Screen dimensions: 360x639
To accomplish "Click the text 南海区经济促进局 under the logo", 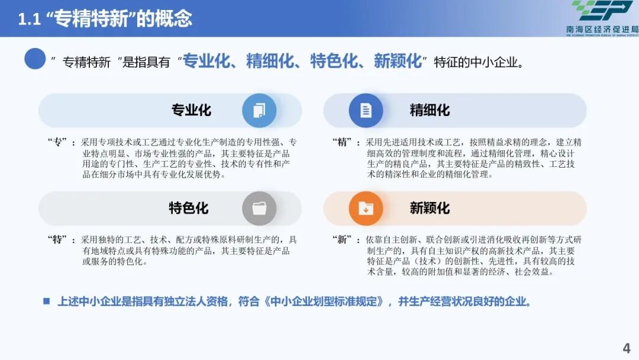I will [602, 29].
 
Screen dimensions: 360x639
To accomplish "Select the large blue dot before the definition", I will [35, 59].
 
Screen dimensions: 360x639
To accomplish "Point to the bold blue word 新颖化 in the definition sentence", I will [398, 61].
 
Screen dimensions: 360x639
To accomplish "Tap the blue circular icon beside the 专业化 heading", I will [259, 111].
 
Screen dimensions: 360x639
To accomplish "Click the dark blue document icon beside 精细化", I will [366, 111].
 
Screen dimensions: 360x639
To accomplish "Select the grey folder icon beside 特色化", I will [259, 208].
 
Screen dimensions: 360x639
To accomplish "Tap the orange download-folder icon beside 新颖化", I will [366, 208].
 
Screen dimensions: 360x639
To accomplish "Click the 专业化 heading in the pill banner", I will [191, 111].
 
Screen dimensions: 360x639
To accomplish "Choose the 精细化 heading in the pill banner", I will [430, 111].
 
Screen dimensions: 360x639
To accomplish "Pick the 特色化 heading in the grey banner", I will [188, 208].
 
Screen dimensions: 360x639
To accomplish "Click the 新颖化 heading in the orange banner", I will [430, 208].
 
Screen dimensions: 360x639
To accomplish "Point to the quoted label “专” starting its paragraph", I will [57, 143].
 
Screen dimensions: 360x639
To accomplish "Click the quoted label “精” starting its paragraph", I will [343, 143].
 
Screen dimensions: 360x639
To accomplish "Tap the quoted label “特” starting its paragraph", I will [57, 240].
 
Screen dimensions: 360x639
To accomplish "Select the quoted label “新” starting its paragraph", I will [343, 240].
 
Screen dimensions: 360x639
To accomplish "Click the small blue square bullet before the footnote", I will [46, 301].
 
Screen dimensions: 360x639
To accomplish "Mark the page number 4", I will [627, 348].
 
